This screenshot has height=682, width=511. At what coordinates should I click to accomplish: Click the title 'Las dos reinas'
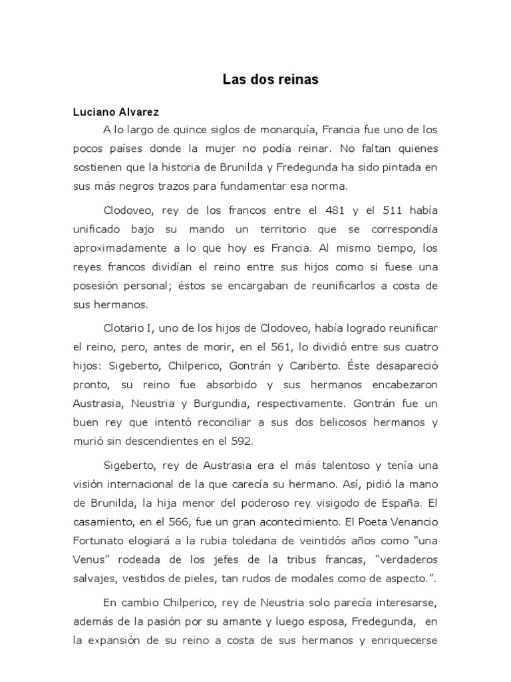271,80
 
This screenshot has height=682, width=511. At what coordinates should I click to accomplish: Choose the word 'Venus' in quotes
89,558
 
